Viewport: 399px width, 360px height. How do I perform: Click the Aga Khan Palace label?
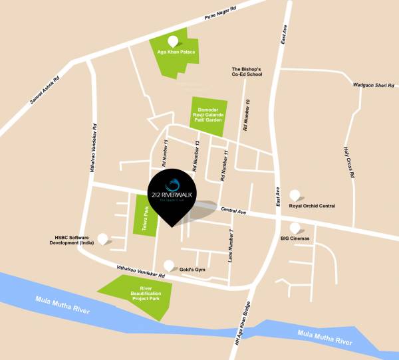click(x=175, y=50)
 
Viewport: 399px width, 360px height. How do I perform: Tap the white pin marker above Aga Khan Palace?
click(x=174, y=39)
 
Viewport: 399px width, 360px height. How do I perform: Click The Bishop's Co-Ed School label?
click(x=248, y=72)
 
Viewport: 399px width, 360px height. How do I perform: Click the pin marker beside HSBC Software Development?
click(x=103, y=238)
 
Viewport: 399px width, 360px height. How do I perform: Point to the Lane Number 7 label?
click(x=231, y=244)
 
